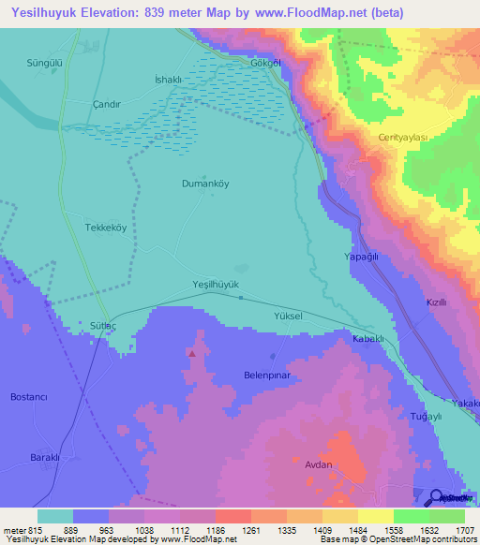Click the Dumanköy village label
click(204, 184)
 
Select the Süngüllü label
click(44, 63)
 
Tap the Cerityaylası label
click(402, 137)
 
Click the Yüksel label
click(288, 317)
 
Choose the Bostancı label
click(28, 397)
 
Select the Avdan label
click(319, 463)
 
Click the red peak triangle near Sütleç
click(192, 354)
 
